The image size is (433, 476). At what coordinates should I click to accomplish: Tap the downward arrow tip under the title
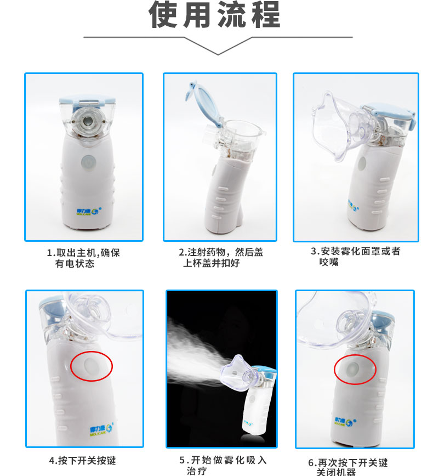coord(218,54)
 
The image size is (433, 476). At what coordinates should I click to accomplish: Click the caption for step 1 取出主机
coord(83,258)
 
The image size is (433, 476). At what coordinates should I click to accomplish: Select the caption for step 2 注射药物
coord(221,257)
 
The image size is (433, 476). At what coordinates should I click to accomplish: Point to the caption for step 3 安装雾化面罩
coord(356,257)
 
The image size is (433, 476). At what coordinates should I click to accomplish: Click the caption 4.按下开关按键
coord(83,461)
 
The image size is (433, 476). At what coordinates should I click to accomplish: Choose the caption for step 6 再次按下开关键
coord(348,467)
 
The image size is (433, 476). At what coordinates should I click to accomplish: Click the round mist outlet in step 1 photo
coord(88,121)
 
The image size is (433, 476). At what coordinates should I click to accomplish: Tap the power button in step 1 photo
coord(89,163)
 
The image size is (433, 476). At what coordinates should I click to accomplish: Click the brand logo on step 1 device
coord(89,211)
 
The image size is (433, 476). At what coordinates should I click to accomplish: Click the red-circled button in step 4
coord(91,366)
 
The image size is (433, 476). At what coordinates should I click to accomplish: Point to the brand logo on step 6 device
coord(346,422)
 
